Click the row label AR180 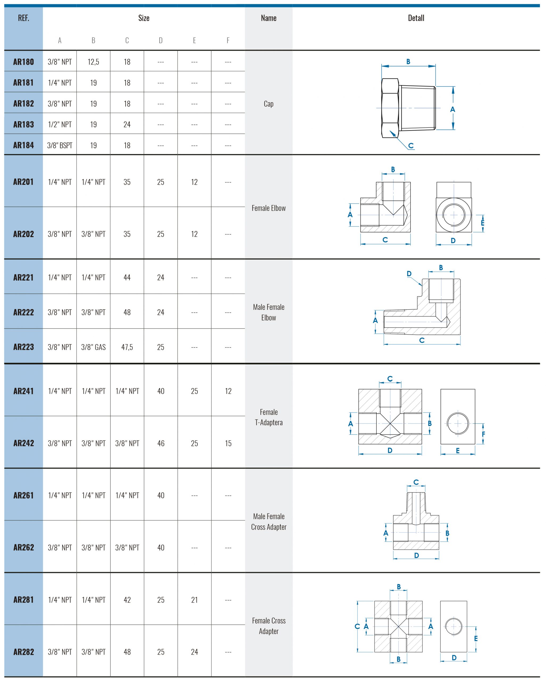click(x=23, y=62)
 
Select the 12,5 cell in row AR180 click(x=93, y=62)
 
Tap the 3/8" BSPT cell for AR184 click(x=59, y=145)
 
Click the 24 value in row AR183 click(x=127, y=124)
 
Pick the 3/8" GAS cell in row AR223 click(x=93, y=347)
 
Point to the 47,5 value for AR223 click(x=127, y=347)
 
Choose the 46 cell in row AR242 click(x=161, y=443)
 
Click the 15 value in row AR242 click(x=228, y=443)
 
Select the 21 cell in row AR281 click(x=194, y=600)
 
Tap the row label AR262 click(x=23, y=547)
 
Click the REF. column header click(x=23, y=18)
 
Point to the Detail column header click(x=416, y=18)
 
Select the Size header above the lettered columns click(x=143, y=18)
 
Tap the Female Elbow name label click(x=268, y=208)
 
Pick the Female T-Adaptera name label click(x=268, y=417)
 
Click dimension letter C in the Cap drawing click(x=411, y=145)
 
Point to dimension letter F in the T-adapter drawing click(x=483, y=434)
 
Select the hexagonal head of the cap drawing click(x=390, y=108)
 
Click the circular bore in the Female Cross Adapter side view click(x=453, y=626)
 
